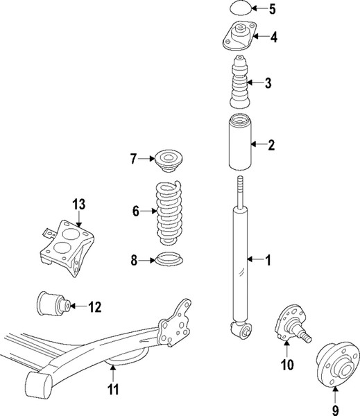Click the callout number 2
pos(272,145)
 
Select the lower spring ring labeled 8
pos(166,261)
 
